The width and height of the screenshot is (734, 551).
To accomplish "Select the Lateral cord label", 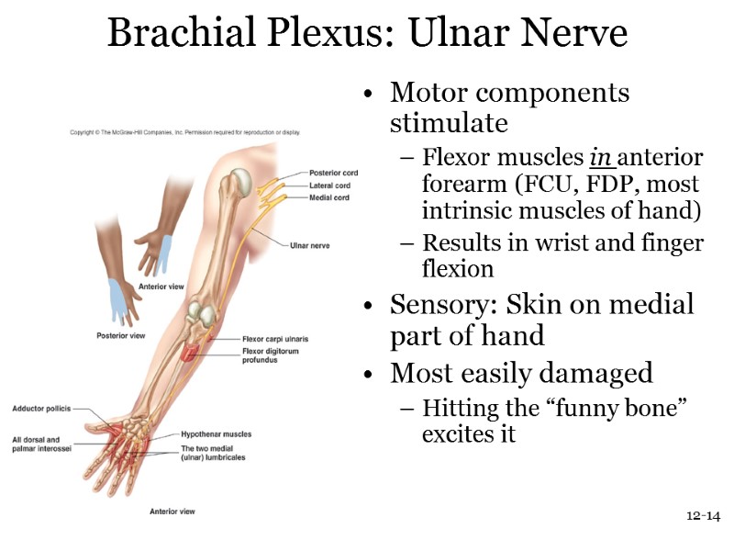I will tap(329, 186).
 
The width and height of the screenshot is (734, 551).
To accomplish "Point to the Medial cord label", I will tap(328, 197).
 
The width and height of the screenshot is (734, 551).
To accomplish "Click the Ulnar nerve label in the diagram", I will tap(309, 246).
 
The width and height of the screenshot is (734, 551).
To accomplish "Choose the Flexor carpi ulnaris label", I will tap(274, 339).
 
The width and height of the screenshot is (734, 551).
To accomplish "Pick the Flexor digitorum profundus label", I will tap(272, 355).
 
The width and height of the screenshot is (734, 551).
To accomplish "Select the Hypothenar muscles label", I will tap(216, 434).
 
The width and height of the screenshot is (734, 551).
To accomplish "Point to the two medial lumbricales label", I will tap(213, 453).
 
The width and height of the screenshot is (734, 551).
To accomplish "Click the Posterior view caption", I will tap(121, 335).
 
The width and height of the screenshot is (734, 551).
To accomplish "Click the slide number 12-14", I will tap(703, 516).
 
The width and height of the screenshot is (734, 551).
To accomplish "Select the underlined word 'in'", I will tap(600, 157).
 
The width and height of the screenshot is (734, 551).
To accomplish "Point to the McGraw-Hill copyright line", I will tap(185, 132).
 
